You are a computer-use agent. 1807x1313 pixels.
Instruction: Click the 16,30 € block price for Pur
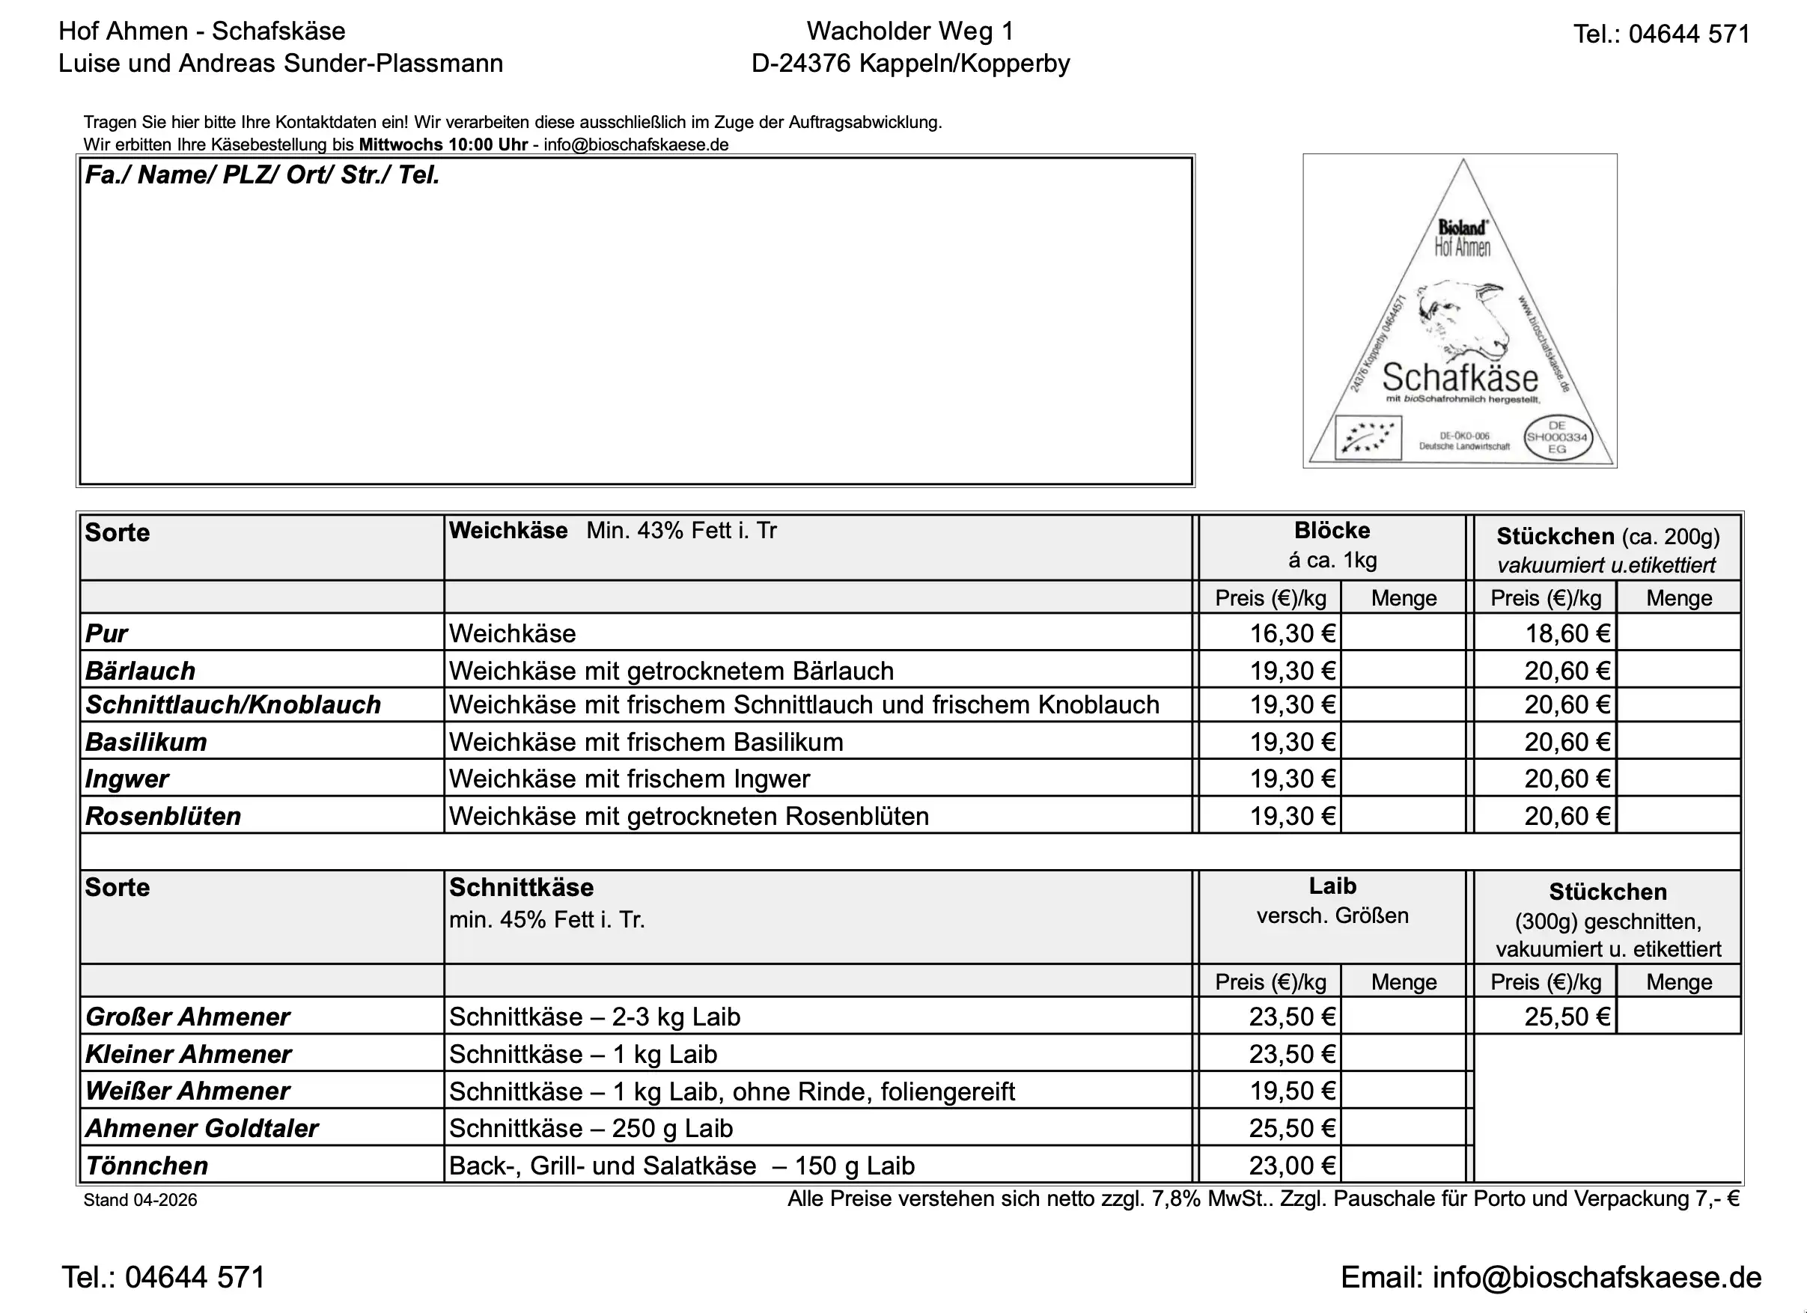pyautogui.click(x=1291, y=633)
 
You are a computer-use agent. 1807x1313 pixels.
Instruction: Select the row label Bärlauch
pyautogui.click(x=140, y=671)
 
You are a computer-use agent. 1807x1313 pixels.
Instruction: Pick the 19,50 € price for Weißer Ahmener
pyautogui.click(x=1291, y=1091)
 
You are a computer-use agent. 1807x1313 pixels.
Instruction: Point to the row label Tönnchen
pyautogui.click(x=147, y=1166)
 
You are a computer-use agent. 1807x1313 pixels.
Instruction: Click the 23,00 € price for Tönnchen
pyautogui.click(x=1291, y=1166)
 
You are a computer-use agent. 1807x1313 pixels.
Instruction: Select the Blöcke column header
pyautogui.click(x=1332, y=531)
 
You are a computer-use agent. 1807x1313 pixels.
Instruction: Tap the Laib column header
pyautogui.click(x=1332, y=886)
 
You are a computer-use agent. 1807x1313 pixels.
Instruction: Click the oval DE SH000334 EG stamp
pyautogui.click(x=1556, y=437)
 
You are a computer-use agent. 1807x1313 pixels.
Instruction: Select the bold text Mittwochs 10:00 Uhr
pyautogui.click(x=443, y=145)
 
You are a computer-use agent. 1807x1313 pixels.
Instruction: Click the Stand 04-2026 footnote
pyautogui.click(x=140, y=1200)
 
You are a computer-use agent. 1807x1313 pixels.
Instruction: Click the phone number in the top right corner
pyautogui.click(x=1661, y=34)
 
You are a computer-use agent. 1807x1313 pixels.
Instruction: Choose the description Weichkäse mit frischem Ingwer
pyautogui.click(x=630, y=779)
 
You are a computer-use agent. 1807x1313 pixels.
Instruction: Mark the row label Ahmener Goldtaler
pyautogui.click(x=201, y=1128)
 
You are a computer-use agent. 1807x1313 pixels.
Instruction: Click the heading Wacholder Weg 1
pyautogui.click(x=910, y=31)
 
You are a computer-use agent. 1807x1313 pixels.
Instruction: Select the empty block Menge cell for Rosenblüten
pyautogui.click(x=1403, y=816)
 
